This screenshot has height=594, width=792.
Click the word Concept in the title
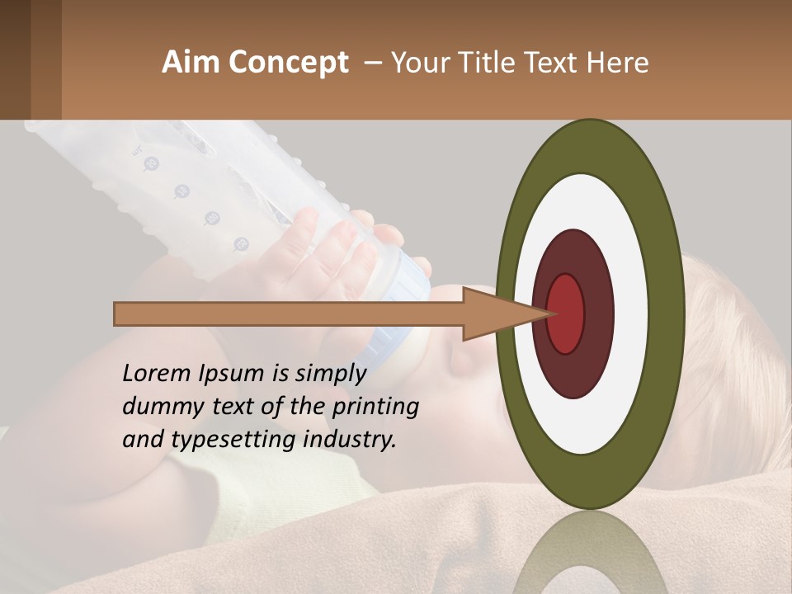point(289,63)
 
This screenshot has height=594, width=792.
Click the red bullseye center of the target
point(565,313)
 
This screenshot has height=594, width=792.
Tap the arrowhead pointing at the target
point(495,313)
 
